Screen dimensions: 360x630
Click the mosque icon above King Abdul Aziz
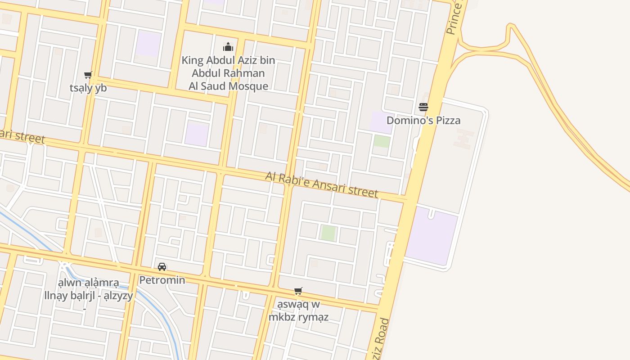228,47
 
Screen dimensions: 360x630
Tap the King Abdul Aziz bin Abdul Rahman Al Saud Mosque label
228,73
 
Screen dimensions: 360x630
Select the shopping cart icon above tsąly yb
88,75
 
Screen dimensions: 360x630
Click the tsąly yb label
88,88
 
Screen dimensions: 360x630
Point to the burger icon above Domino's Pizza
423,107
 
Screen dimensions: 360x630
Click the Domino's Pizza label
423,120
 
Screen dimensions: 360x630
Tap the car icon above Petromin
162,267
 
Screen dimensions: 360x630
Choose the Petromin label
162,280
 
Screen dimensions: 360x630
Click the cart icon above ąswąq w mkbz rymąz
298,291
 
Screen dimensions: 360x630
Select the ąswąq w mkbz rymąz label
298,310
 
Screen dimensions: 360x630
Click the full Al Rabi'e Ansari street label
322,184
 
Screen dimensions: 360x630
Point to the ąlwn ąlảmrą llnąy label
89,289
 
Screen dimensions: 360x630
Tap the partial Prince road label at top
454,18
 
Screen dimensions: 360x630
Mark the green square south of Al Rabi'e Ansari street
328,233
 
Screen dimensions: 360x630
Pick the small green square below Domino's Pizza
382,141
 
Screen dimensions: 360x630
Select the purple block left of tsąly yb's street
148,44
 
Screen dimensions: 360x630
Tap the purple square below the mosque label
197,134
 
